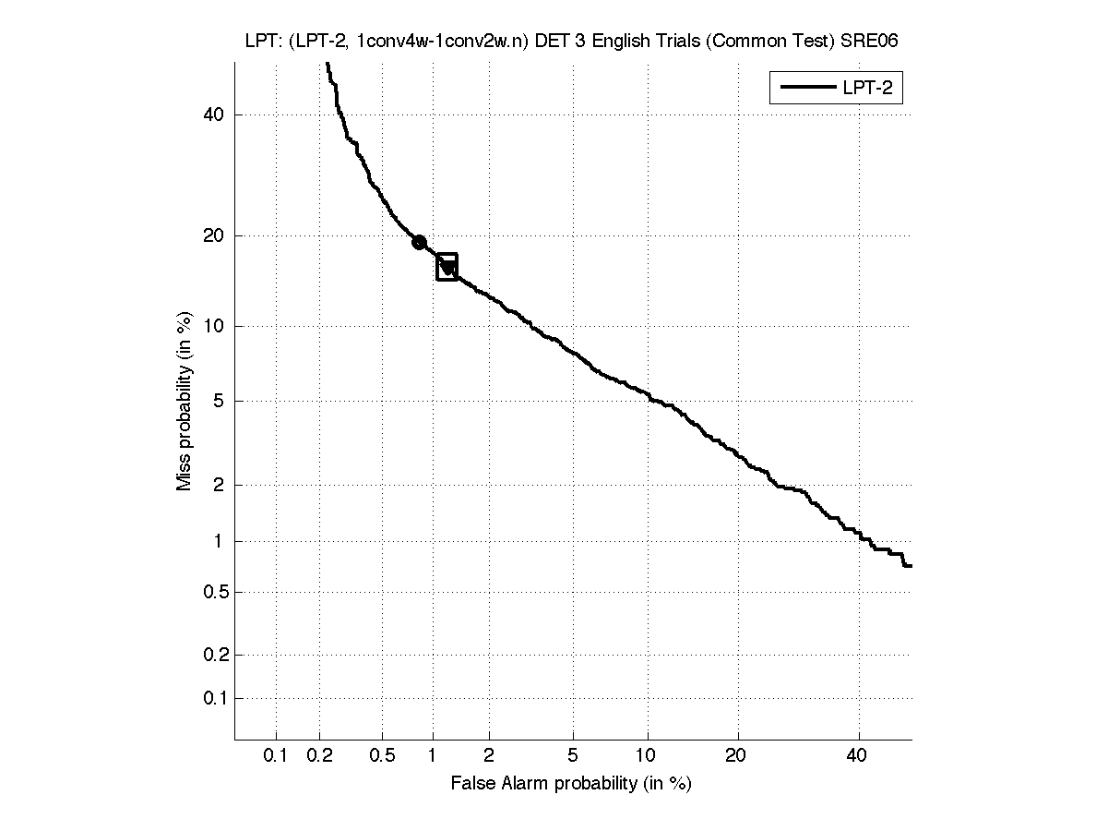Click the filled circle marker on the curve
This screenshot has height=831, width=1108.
point(419,242)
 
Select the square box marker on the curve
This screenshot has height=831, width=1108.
point(447,267)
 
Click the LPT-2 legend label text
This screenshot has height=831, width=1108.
point(871,89)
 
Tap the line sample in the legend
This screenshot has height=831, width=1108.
point(806,89)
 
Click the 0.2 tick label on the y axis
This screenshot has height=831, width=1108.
point(213,655)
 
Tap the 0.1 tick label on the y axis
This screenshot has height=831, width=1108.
point(213,698)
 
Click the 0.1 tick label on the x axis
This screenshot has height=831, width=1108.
point(275,756)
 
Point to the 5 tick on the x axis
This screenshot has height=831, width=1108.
point(573,756)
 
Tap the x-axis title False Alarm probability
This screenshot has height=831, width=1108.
point(571,784)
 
